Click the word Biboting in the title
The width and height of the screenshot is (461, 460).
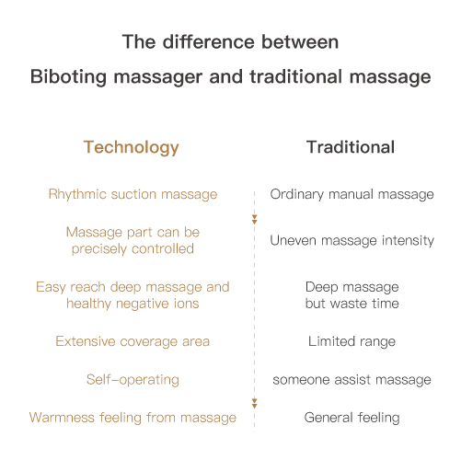(x=68, y=76)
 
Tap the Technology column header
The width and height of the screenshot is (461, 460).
(x=132, y=148)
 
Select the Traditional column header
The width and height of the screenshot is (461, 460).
(x=351, y=147)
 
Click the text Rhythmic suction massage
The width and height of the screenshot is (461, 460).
(x=133, y=194)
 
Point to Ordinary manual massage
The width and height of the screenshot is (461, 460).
(x=352, y=194)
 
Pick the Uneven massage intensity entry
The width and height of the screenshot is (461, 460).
(x=352, y=241)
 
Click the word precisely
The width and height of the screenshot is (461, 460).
(x=98, y=249)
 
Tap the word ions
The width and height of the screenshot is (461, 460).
(x=187, y=304)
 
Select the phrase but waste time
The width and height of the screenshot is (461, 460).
(x=352, y=304)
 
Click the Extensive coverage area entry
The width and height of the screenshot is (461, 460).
(x=133, y=341)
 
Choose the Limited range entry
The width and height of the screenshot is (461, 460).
(x=352, y=341)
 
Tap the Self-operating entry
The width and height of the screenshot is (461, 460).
(x=133, y=380)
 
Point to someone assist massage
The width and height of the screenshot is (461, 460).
(x=352, y=380)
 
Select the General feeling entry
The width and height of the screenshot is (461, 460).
(x=352, y=418)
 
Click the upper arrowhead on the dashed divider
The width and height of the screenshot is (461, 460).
(x=254, y=220)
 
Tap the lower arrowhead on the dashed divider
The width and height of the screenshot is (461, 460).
(x=254, y=404)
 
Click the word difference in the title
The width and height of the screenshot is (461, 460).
(x=209, y=41)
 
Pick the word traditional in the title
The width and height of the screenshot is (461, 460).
(x=296, y=76)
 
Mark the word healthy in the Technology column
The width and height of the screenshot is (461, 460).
(x=88, y=304)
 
